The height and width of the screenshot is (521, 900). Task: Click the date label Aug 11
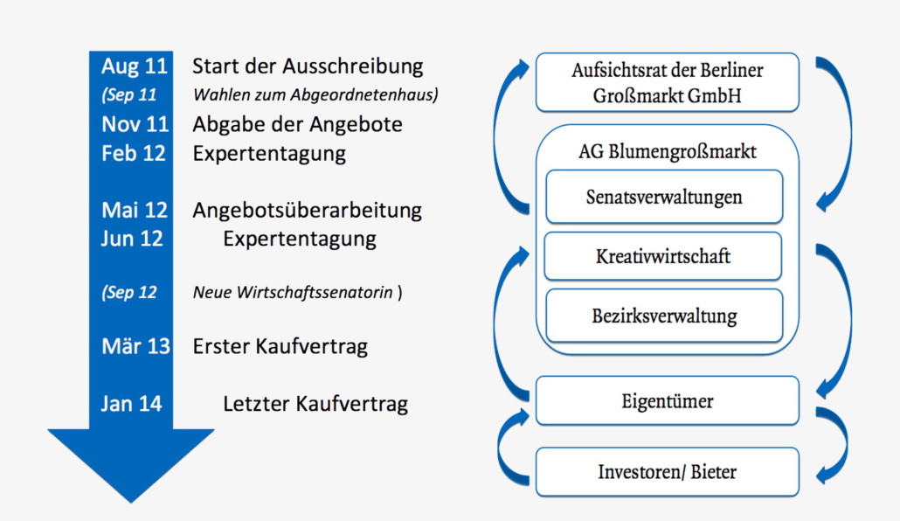pyautogui.click(x=135, y=66)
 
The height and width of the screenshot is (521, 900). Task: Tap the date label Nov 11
pyautogui.click(x=135, y=124)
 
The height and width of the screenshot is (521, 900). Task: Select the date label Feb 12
pyautogui.click(x=133, y=153)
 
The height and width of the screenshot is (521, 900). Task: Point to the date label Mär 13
pyautogui.click(x=135, y=346)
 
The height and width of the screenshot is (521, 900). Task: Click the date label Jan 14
pyautogui.click(x=131, y=404)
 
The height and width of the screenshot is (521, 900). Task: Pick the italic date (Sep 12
pyautogui.click(x=129, y=292)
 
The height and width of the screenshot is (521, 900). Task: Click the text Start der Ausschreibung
pyautogui.click(x=308, y=66)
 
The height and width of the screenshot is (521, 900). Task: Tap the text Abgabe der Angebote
pyautogui.click(x=297, y=124)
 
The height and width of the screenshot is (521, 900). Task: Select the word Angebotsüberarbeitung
pyautogui.click(x=307, y=211)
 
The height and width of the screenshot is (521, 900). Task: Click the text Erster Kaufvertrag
pyautogui.click(x=280, y=346)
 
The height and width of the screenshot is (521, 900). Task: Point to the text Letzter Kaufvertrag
pyautogui.click(x=315, y=404)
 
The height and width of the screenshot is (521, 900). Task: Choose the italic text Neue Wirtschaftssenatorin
pyautogui.click(x=293, y=292)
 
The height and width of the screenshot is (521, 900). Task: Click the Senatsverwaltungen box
pyautogui.click(x=664, y=197)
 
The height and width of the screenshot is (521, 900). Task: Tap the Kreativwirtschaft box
pyautogui.click(x=663, y=256)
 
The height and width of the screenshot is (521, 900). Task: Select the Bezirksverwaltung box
pyautogui.click(x=664, y=316)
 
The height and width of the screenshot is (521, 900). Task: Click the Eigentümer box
pyautogui.click(x=667, y=401)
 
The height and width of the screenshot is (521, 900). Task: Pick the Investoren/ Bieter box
pyautogui.click(x=667, y=471)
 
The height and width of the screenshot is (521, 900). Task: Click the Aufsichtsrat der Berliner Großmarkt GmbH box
pyautogui.click(x=667, y=82)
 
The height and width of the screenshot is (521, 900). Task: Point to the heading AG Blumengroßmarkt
pyautogui.click(x=667, y=151)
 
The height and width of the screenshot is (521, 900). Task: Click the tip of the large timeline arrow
pyautogui.click(x=131, y=504)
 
